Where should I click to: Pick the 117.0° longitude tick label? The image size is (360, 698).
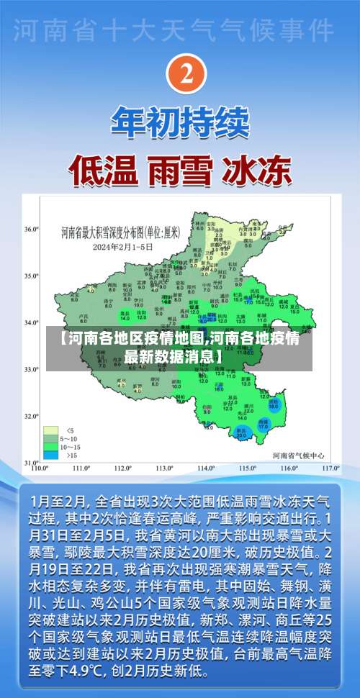click(x=330, y=468)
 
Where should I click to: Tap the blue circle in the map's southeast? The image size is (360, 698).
click(x=273, y=404)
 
